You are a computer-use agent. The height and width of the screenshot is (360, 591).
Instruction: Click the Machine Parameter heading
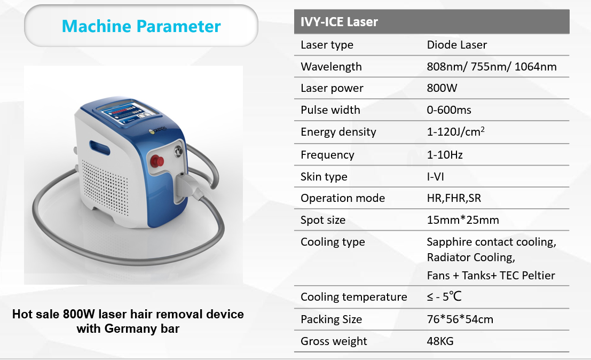click(x=141, y=26)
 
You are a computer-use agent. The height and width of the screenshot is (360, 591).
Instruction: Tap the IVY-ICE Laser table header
click(x=339, y=22)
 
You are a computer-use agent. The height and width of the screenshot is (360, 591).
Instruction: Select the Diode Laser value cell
click(x=457, y=45)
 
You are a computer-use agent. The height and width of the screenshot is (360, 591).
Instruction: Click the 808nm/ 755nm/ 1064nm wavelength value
click(x=492, y=67)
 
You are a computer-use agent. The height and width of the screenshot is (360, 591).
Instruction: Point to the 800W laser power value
click(x=442, y=88)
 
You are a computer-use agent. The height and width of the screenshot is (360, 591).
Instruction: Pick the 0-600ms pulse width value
click(x=449, y=110)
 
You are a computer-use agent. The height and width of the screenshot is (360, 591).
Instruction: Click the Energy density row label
click(x=338, y=132)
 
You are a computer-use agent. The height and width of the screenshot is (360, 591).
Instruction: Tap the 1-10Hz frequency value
click(x=445, y=155)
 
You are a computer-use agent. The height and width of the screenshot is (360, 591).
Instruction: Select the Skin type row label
click(x=324, y=177)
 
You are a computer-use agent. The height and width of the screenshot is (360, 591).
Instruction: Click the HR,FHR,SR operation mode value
click(x=454, y=198)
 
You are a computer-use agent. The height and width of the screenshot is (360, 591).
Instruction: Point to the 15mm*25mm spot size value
click(x=463, y=220)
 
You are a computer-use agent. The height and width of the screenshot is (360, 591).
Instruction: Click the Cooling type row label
click(x=333, y=242)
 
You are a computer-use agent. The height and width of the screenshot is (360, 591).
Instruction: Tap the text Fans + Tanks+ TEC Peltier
click(x=491, y=276)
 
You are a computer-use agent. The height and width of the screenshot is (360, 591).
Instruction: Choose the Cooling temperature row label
click(x=354, y=297)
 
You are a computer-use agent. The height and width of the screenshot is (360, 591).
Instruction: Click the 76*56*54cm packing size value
click(x=460, y=319)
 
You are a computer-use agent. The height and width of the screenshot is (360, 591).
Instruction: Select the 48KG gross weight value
click(x=440, y=341)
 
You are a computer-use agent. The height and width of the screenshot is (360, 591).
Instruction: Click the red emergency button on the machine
click(x=157, y=161)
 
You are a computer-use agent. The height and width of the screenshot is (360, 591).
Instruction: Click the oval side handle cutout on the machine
click(x=99, y=148)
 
